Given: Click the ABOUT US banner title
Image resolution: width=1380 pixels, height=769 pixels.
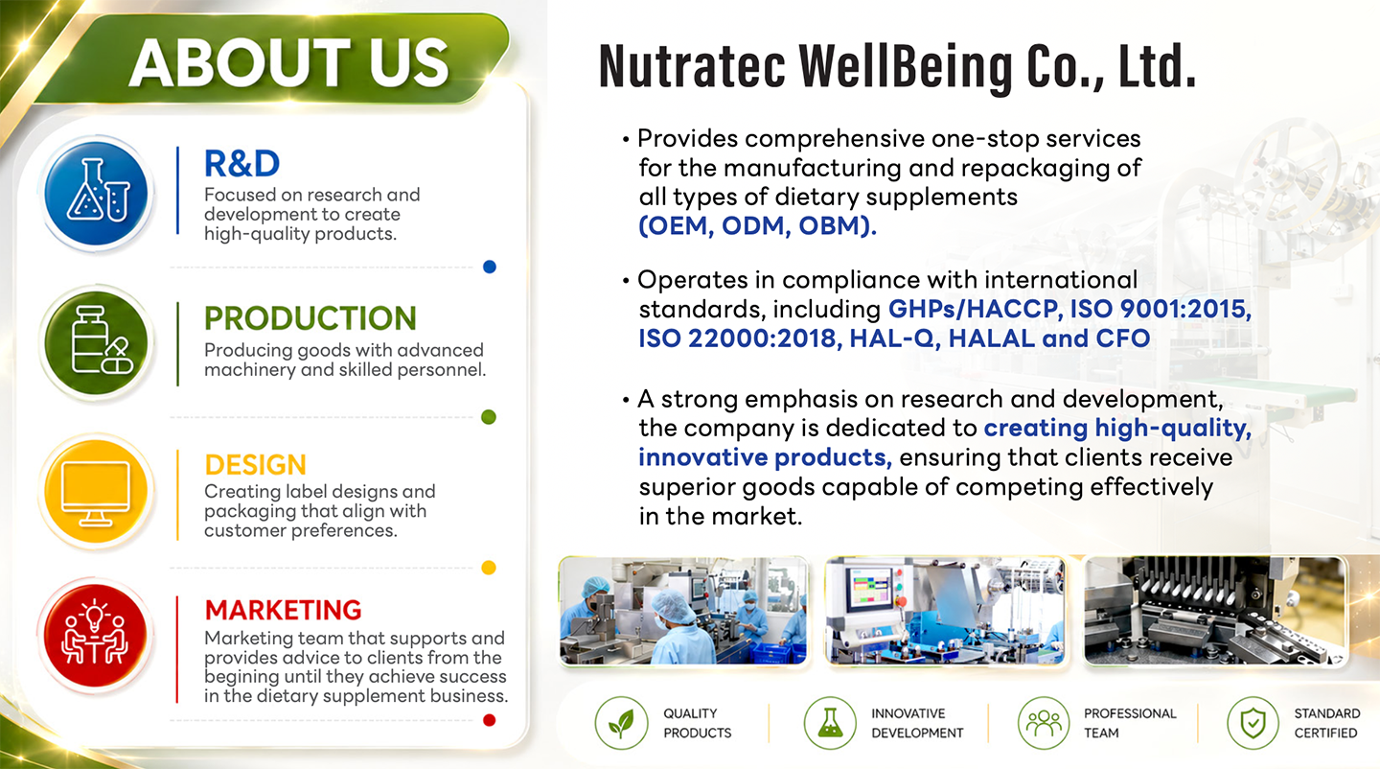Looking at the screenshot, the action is point(289,63).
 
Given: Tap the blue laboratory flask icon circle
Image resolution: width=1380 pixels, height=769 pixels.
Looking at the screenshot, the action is point(96,193).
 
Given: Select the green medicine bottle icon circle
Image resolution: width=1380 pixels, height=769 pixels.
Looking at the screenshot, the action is point(96,343).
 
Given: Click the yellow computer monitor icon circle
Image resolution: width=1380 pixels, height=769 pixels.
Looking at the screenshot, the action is point(96,492).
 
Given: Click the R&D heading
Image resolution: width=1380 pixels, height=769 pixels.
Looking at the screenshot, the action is point(241,163).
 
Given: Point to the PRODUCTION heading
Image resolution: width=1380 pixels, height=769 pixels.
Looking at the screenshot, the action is point(310,318).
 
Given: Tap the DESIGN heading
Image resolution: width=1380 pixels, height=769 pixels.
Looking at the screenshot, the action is point(255,465).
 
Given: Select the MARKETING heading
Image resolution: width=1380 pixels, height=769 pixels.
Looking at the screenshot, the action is point(283,610).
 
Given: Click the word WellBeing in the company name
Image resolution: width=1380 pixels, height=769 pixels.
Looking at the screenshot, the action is point(906,66).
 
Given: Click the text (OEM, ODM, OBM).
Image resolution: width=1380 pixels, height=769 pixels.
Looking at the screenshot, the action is point(757,225).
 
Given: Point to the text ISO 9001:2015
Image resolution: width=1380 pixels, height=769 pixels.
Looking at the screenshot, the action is point(1161,309).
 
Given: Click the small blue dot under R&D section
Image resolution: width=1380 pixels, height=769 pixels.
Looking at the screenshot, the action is point(490,267).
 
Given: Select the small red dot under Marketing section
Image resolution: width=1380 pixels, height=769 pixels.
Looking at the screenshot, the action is point(490,720).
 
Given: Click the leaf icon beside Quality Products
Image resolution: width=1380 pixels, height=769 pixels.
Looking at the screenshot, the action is point(621,723).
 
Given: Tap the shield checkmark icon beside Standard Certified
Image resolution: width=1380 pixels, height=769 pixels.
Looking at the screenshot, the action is point(1253,723).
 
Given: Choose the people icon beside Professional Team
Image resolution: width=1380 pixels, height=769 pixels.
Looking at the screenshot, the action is point(1044,723).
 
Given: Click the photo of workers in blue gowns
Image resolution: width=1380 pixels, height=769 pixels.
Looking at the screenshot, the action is point(683,611).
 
